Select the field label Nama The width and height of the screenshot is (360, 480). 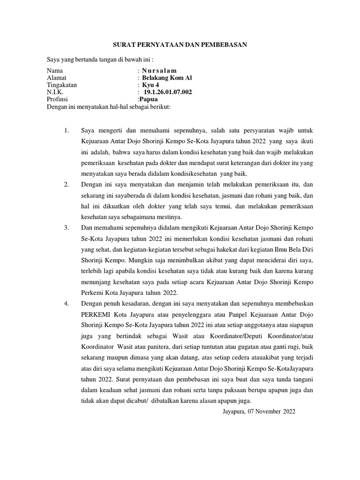pos(55,70)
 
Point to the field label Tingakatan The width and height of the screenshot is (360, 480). pos(62,85)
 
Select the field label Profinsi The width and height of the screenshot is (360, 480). pos(58,99)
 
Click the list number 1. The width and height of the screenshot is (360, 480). pos(66,129)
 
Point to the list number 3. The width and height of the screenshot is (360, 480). pos(66,228)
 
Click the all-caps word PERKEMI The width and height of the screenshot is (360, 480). pos(96,313)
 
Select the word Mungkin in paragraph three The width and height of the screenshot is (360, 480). pos(136,260)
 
